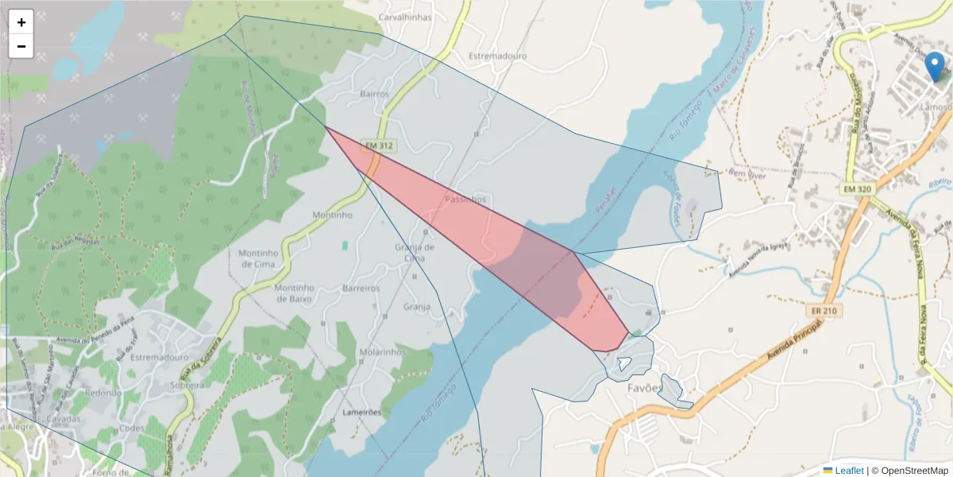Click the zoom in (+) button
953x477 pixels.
(21, 22)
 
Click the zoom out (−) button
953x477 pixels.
(21, 46)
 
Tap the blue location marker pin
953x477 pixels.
(936, 68)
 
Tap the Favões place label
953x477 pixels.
(644, 389)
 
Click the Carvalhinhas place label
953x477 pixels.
(405, 17)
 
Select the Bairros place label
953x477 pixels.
(375, 94)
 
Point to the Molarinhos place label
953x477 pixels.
(384, 351)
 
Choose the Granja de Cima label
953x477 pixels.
(415, 252)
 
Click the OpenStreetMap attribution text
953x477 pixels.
(910, 471)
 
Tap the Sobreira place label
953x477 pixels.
(189, 385)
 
